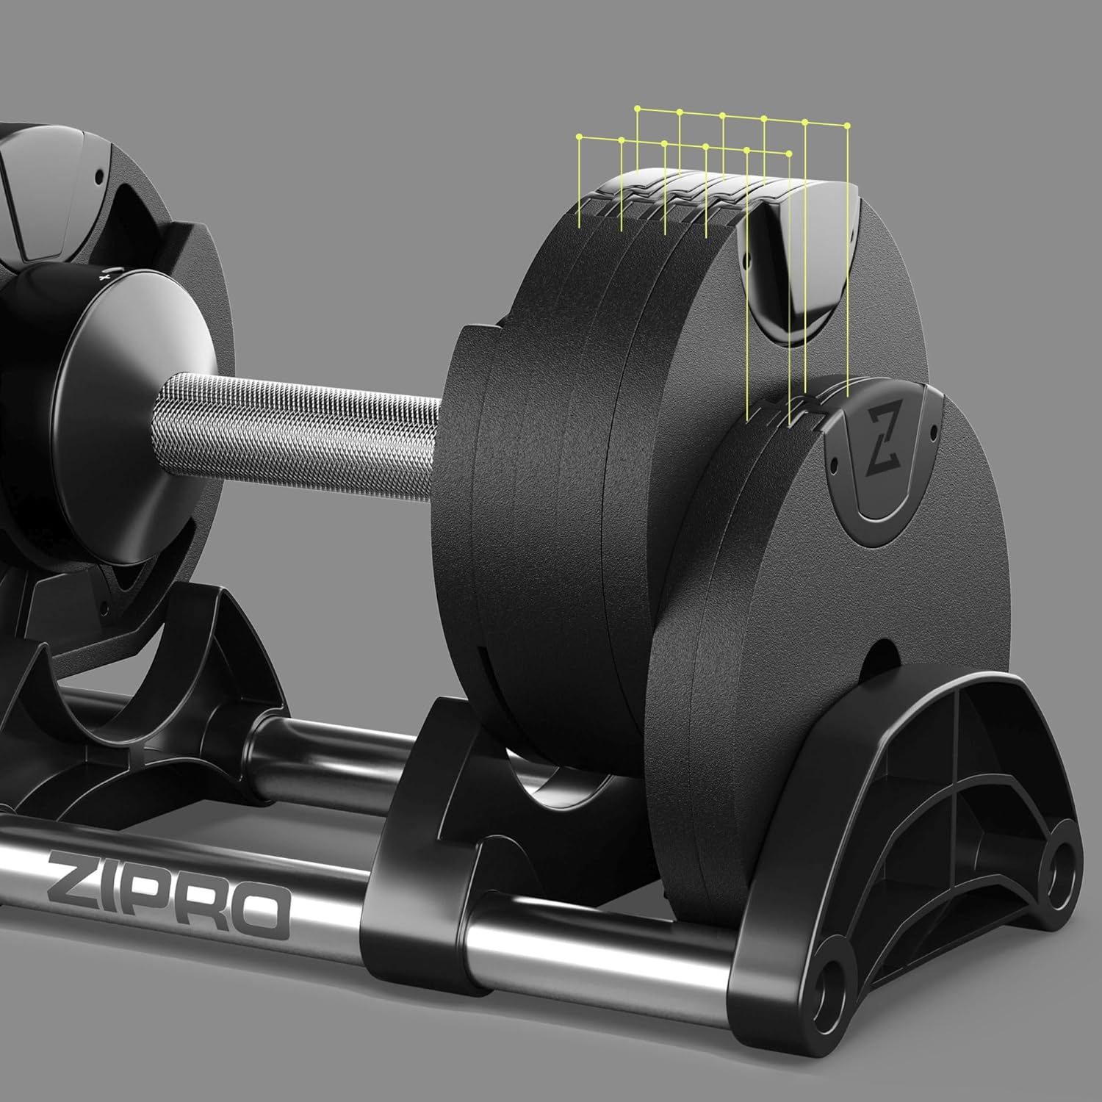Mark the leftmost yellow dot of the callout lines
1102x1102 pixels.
pos(580,137)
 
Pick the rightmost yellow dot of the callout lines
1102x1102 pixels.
pos(849,125)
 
